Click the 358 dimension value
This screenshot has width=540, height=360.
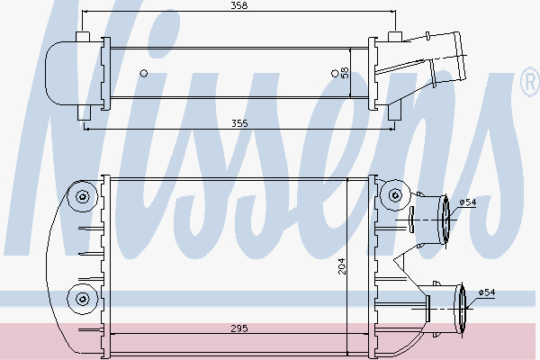coord(238,7)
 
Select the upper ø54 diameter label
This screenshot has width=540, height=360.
coord(466,203)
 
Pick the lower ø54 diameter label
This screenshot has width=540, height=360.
coord(486,292)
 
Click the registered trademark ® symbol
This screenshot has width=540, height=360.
coord(529,85)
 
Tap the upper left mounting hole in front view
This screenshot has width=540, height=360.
coord(83,197)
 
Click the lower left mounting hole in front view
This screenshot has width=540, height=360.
coord(83,298)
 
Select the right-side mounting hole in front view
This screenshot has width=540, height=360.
coord(394,196)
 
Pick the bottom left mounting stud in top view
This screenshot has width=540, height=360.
coord(83,112)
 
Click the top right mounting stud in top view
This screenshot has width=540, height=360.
coord(394,37)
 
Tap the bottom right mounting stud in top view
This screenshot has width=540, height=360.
coord(394,112)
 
